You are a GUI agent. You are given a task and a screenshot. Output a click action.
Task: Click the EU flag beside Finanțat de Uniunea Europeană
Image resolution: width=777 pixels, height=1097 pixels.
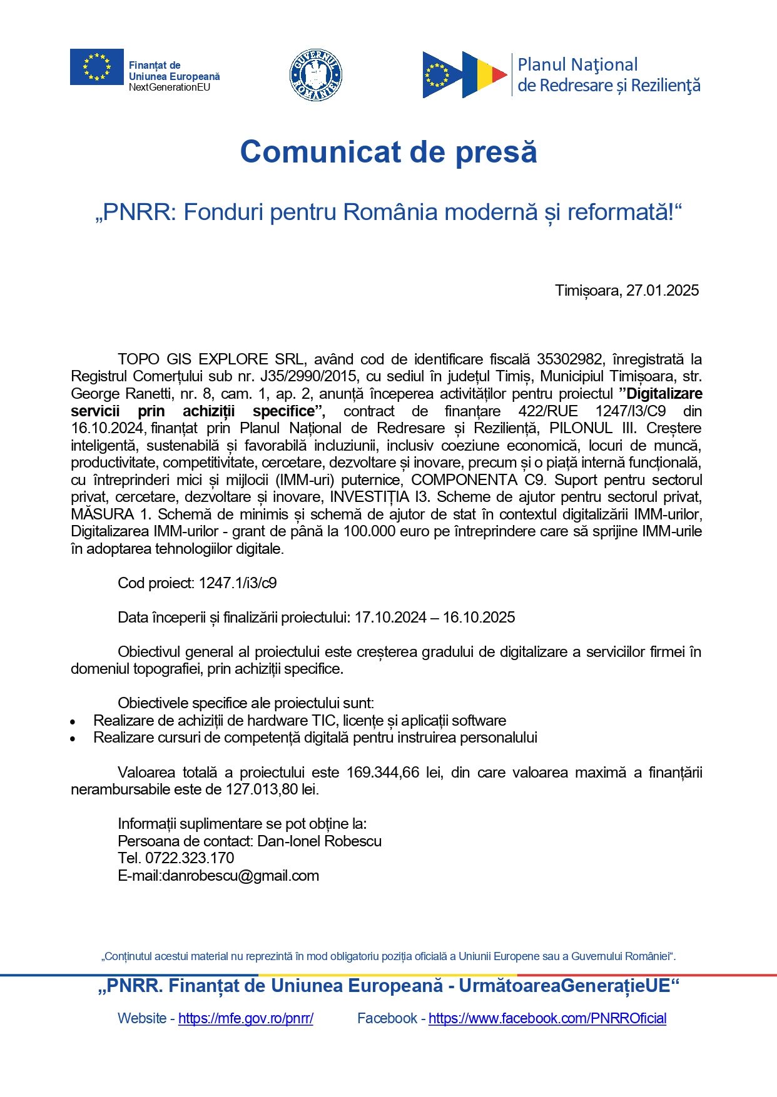(x=96, y=66)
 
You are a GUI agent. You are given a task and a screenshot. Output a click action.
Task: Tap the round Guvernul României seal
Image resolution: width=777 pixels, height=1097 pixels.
(x=316, y=74)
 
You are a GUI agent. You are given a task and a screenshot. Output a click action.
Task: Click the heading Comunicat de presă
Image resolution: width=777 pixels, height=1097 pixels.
(x=388, y=152)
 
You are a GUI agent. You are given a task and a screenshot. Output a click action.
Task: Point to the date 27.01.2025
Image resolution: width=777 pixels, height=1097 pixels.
(x=663, y=291)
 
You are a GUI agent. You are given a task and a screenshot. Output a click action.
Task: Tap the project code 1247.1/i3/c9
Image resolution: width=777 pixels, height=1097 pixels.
(x=238, y=583)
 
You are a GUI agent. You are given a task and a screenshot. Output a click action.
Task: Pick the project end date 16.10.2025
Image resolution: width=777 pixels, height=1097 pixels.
(x=479, y=618)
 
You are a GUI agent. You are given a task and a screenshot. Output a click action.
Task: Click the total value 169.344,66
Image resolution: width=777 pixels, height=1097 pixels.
(x=383, y=773)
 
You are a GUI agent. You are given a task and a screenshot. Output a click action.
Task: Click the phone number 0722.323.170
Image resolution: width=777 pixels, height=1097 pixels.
(x=190, y=858)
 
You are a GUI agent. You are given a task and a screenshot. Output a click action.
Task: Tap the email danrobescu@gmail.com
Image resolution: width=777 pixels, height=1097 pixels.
(x=241, y=876)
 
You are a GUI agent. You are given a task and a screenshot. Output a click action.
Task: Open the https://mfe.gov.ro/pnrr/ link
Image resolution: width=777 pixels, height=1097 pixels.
(x=246, y=1018)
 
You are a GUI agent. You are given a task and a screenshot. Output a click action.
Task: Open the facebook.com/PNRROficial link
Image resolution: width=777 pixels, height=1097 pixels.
(x=547, y=1018)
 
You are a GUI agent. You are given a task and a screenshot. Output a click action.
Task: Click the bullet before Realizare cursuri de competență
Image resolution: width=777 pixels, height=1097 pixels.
(x=73, y=739)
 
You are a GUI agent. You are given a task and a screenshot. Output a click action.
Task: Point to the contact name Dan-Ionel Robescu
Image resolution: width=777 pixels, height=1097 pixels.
(x=319, y=841)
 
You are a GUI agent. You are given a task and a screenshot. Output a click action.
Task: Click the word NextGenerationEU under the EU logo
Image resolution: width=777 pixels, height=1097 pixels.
(x=170, y=88)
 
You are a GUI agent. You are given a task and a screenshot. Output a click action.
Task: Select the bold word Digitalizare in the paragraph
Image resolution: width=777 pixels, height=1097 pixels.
(x=664, y=394)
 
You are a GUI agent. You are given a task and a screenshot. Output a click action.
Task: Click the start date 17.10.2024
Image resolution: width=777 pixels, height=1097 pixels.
(x=390, y=618)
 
